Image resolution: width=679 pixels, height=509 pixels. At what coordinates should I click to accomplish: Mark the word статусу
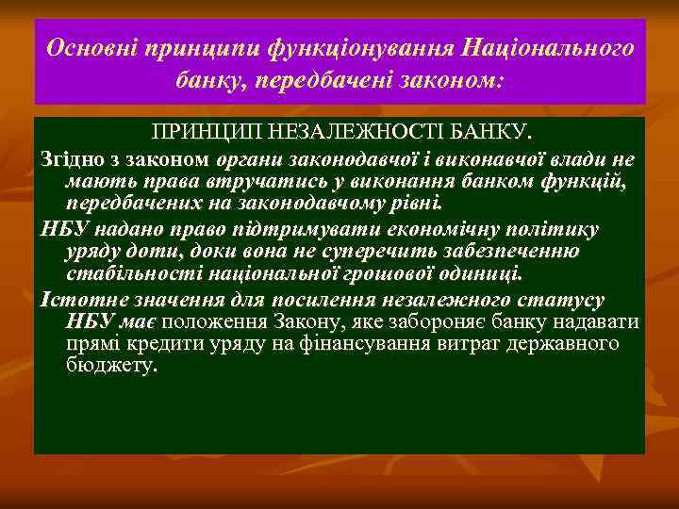(x=569, y=300)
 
